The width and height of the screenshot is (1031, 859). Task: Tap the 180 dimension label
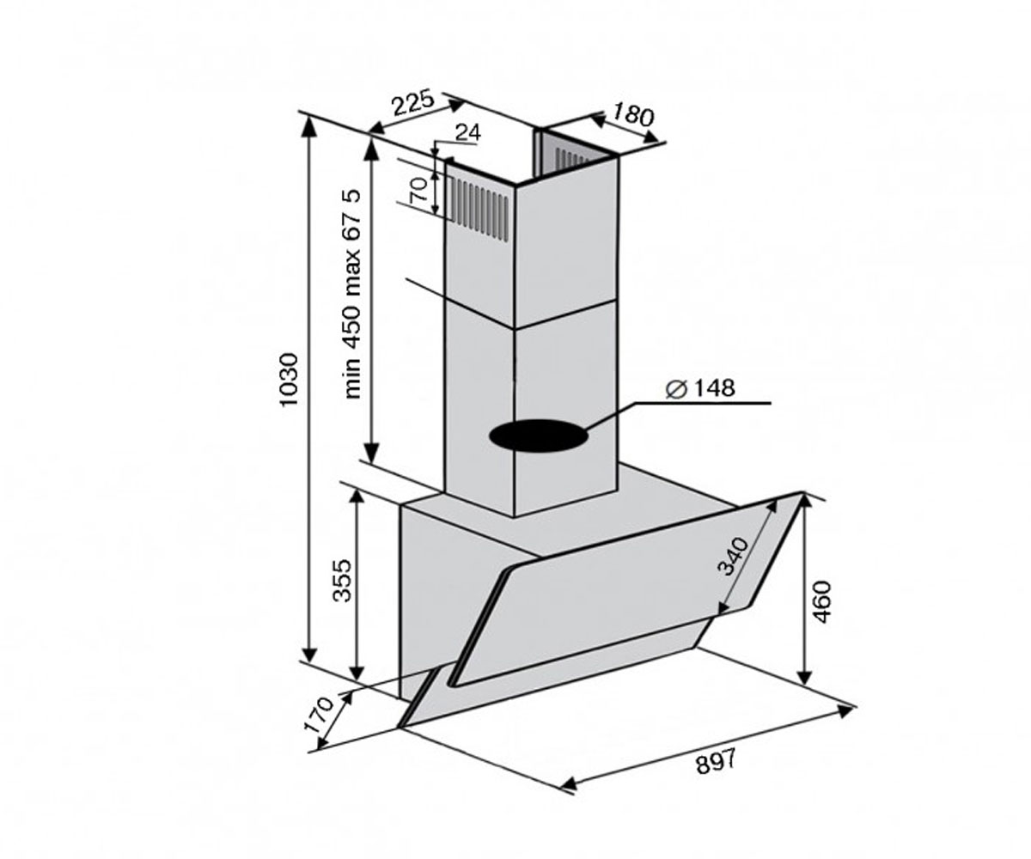pyautogui.click(x=633, y=117)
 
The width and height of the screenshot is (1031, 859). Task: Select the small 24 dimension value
pyautogui.click(x=467, y=133)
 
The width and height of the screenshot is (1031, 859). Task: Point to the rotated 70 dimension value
pyautogui.click(x=418, y=190)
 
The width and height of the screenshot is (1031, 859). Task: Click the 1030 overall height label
pyautogui.click(x=289, y=380)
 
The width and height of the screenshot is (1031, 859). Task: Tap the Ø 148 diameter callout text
pyautogui.click(x=700, y=388)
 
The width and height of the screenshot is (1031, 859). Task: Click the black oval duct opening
pyautogui.click(x=540, y=436)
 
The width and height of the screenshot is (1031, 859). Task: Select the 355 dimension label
pyautogui.click(x=342, y=580)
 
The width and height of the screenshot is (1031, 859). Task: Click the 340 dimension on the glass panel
pyautogui.click(x=733, y=557)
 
